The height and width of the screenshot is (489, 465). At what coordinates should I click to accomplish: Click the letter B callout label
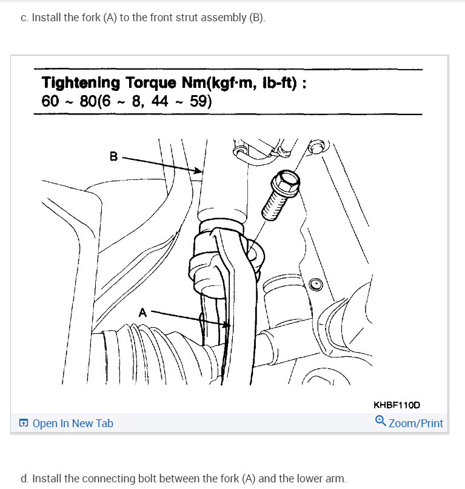tap(113, 156)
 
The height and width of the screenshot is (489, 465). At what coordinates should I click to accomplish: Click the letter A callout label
tap(143, 313)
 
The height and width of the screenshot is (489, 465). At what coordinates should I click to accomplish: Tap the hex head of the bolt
tap(285, 181)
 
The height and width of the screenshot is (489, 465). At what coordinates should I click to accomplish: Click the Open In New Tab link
tap(72, 424)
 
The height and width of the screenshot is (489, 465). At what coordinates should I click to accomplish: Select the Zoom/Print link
tap(416, 424)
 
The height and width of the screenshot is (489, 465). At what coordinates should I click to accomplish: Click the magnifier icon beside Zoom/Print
tap(381, 421)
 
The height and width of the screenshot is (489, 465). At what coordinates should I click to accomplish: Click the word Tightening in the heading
tap(81, 83)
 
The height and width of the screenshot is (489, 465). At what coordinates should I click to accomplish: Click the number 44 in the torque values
tap(161, 101)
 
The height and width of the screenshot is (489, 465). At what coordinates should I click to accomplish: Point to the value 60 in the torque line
tap(50, 101)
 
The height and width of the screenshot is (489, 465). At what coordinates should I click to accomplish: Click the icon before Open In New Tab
tap(24, 424)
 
